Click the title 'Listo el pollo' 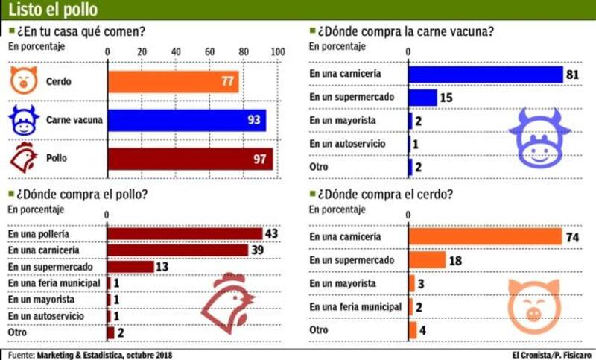coord(52,10)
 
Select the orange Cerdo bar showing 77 coord(174,81)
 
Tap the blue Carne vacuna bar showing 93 coord(187,119)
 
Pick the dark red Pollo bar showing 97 coord(191,159)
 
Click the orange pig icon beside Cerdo coord(23,80)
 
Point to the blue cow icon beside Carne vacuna coord(24,119)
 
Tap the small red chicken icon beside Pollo coord(24,157)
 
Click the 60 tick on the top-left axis coord(211,51)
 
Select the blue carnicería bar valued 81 coord(485,75)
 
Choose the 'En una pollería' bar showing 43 coord(185,234)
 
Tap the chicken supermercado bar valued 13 coord(130,267)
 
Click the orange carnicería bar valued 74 coord(484,236)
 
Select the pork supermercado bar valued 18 coord(427,259)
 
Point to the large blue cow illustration coord(539,138)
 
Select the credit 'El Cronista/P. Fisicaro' coord(552,354)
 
